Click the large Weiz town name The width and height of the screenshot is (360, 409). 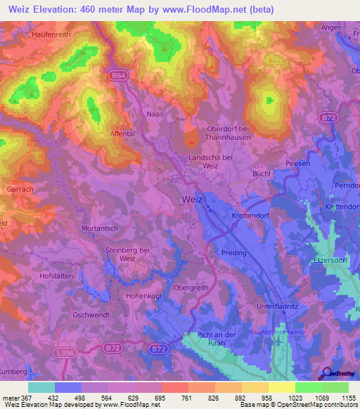(191, 199)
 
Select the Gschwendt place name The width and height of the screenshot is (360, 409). (91, 316)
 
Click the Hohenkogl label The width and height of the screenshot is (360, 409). (144, 296)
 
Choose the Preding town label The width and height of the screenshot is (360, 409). (234, 253)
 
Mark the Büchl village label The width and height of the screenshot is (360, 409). (262, 171)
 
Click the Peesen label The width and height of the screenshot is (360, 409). (298, 163)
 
